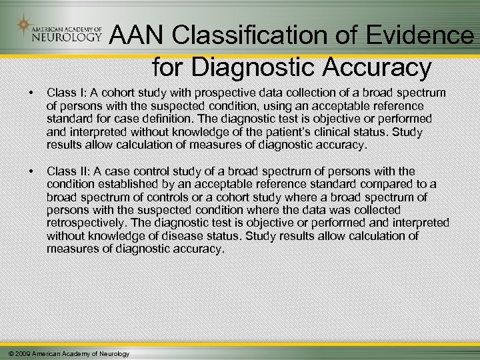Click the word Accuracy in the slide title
coord(381,67)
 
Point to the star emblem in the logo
coord(24,26)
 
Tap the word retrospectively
coord(87,223)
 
